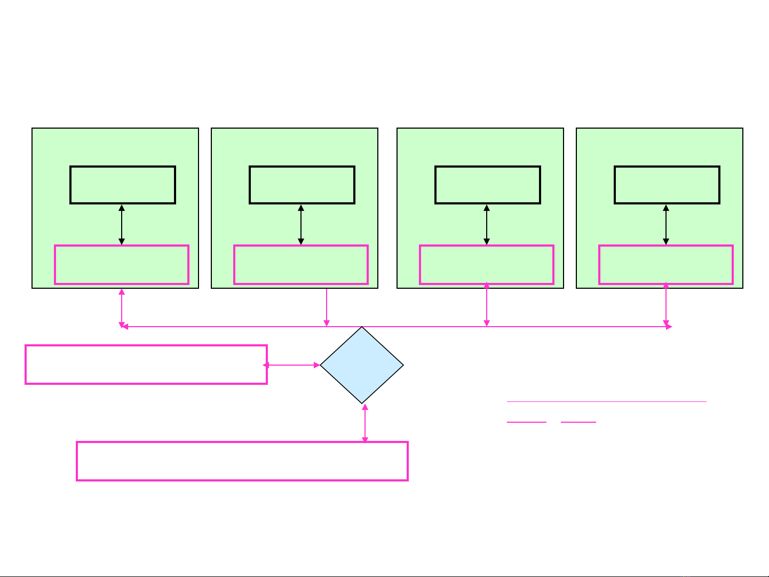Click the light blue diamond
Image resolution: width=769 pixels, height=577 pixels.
(x=362, y=365)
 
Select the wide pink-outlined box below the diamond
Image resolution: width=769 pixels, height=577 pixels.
(x=242, y=461)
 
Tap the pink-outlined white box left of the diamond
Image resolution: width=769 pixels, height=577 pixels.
(x=146, y=365)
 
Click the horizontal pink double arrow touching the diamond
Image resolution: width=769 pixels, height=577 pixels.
(x=292, y=365)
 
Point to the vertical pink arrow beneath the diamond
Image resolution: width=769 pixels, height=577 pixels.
(x=365, y=423)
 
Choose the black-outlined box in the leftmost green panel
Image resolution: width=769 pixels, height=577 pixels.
(x=123, y=185)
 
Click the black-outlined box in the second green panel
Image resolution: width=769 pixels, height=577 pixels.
(x=302, y=185)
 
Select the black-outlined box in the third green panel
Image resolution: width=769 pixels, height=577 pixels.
(x=488, y=185)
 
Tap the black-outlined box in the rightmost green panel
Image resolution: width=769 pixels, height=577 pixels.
(x=667, y=185)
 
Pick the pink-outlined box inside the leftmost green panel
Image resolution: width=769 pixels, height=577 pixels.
(x=122, y=265)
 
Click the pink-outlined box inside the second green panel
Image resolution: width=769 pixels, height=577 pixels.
(x=301, y=265)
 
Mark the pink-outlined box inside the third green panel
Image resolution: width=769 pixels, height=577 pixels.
(x=487, y=265)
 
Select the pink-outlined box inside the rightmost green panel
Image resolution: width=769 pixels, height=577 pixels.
(x=666, y=265)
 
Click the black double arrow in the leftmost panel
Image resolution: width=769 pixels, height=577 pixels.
(x=122, y=225)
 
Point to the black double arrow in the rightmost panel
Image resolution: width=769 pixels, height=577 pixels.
(x=666, y=225)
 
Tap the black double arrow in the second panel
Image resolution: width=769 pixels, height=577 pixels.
(x=301, y=225)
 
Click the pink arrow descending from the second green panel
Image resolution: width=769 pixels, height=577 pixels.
(x=327, y=307)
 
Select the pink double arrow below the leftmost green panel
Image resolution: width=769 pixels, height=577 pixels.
(x=122, y=307)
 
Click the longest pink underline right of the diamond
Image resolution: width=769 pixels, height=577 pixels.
(x=606, y=401)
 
